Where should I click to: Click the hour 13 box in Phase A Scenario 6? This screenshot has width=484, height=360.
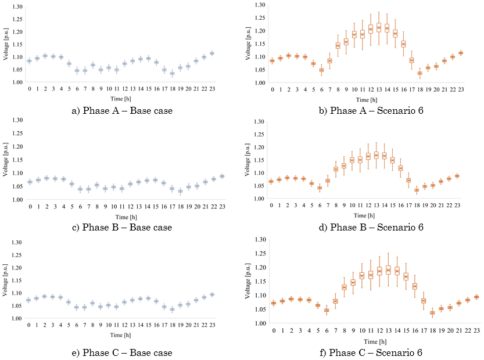[x=378, y=27]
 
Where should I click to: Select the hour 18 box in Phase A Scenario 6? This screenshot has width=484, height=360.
[x=420, y=73]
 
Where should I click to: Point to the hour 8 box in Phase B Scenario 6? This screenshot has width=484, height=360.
[x=335, y=169]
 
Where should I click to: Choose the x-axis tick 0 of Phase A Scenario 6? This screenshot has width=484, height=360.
[x=272, y=90]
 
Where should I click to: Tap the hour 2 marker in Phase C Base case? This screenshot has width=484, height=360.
[x=45, y=296]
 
